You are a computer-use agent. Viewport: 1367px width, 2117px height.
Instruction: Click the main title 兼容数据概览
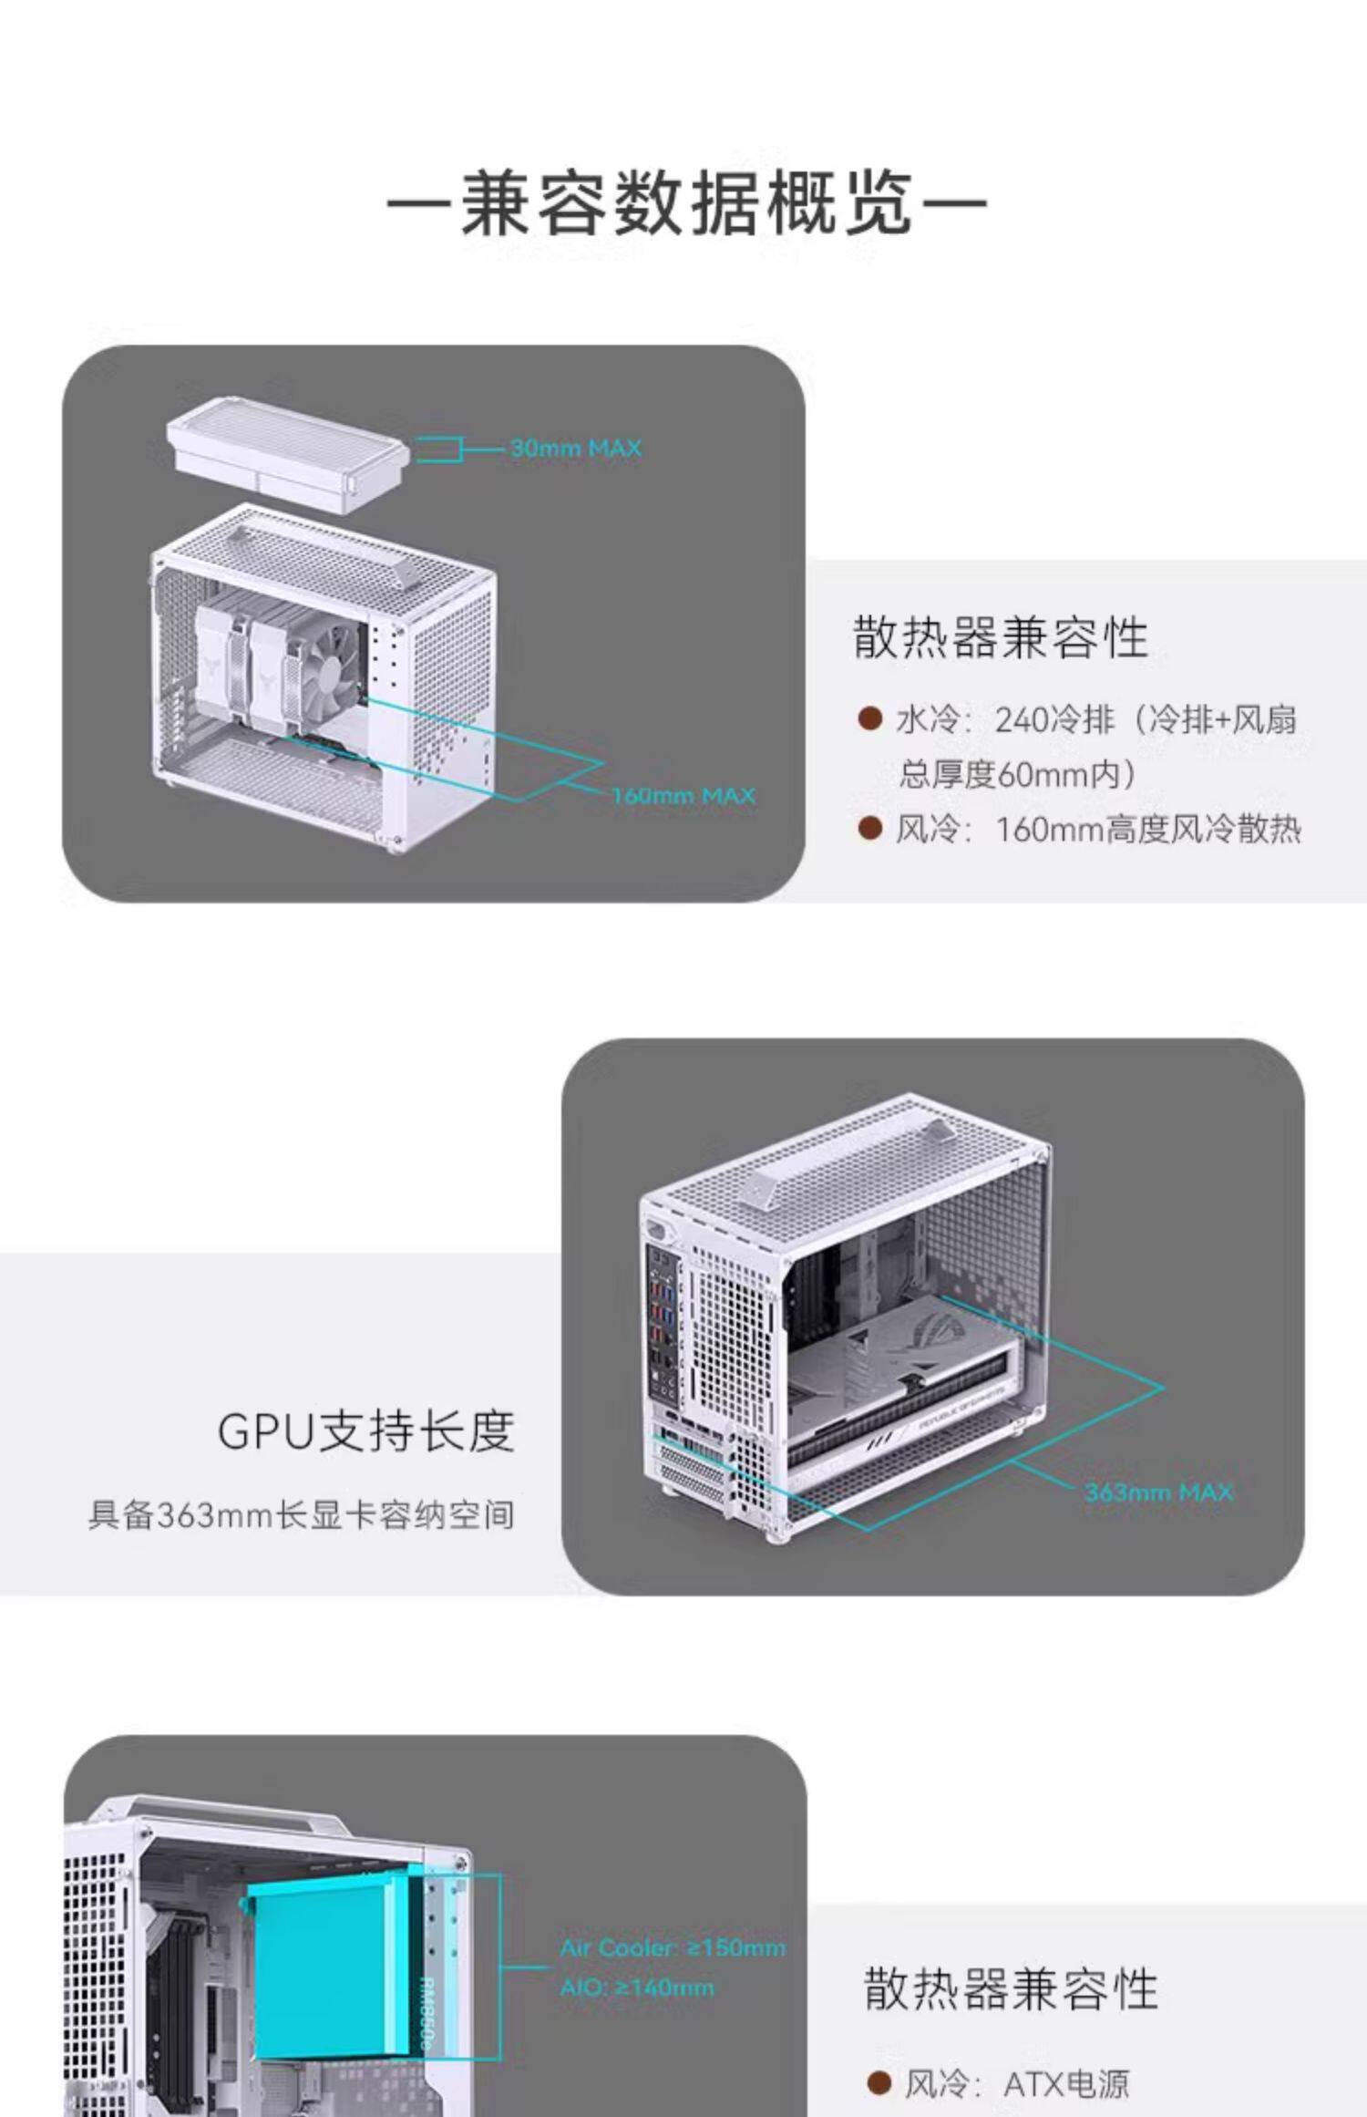point(685,202)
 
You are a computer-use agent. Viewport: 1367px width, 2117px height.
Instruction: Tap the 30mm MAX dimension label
point(575,449)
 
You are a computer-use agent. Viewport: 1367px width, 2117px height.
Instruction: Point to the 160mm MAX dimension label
point(683,796)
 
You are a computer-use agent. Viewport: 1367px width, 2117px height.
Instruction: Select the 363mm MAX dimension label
point(1157,1492)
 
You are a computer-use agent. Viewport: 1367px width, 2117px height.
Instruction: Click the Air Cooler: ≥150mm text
point(672,1948)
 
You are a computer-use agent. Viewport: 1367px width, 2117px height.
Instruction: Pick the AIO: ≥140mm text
point(636,1987)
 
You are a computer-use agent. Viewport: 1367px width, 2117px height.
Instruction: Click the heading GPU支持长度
point(366,1430)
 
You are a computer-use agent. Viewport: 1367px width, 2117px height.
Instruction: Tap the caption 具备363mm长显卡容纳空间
point(301,1515)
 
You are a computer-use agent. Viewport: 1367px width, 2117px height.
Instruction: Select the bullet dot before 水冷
point(870,720)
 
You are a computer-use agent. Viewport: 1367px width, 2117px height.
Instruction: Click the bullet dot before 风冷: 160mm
point(870,829)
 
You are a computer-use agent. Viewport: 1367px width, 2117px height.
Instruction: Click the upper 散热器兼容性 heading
point(1000,637)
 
